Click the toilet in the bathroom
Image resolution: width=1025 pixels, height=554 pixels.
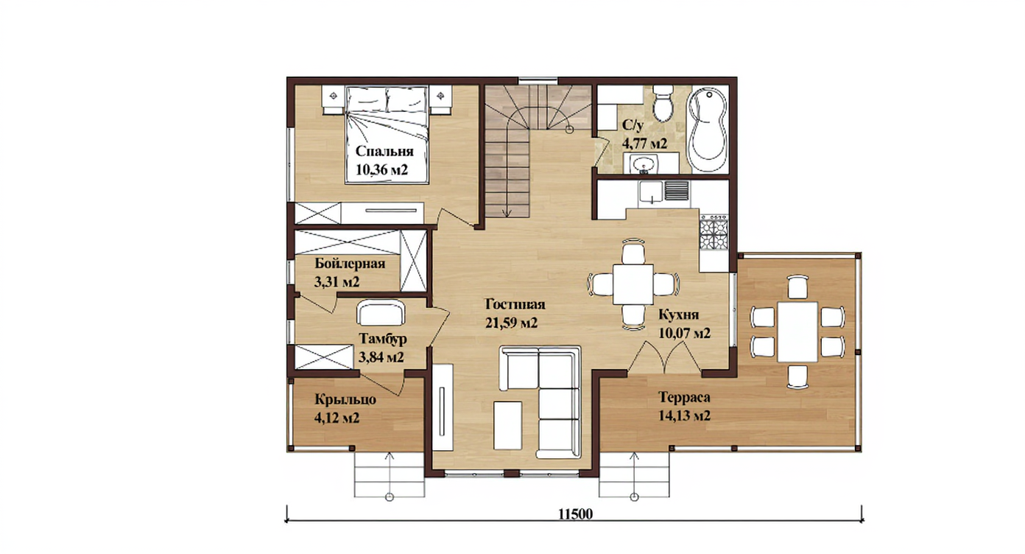662,103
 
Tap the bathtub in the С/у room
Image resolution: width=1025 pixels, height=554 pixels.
708,131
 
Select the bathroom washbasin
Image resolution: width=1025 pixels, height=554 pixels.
644,164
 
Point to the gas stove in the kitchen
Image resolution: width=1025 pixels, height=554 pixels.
714,233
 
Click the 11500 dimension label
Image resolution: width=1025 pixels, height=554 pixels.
575,515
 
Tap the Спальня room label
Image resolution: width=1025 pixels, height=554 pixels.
384,151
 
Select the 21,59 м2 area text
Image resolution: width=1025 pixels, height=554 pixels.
512,323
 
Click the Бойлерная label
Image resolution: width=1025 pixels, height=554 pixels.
350,264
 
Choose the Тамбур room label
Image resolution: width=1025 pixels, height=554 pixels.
383,339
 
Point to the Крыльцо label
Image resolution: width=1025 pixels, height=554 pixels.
345,400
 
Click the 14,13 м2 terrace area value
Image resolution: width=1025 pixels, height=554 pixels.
684,415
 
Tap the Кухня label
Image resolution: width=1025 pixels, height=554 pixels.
679,315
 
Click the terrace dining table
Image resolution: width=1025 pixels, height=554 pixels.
797,332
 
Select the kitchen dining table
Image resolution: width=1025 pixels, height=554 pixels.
633,284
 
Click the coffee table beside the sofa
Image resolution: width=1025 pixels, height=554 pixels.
508,425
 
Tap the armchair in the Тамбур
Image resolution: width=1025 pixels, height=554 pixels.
381,312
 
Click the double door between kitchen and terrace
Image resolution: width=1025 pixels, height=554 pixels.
664,360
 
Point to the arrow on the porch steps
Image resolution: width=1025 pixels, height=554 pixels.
390,476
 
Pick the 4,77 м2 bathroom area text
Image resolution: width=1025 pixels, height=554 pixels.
644,144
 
